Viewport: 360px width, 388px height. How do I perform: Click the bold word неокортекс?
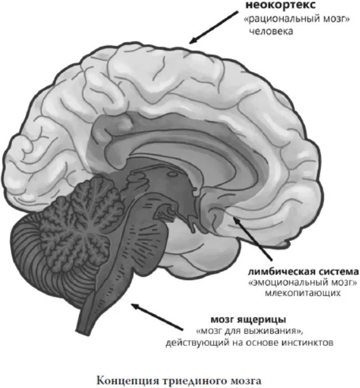pos(280,5)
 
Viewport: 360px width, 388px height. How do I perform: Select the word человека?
pos(271,32)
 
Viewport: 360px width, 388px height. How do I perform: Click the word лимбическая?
pos(281,272)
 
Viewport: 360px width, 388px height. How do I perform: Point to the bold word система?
pos(339,272)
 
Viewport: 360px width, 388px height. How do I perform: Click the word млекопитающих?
pos(303,293)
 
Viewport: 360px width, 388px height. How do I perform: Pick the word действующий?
pos(198,343)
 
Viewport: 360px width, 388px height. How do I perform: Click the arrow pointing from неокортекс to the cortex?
pos(213,27)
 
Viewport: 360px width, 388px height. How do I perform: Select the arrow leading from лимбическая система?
pos(253,238)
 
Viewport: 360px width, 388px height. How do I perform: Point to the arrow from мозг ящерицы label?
pos(157,317)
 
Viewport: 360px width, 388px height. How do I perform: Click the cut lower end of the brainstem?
pos(84,331)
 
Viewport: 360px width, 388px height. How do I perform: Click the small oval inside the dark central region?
pos(172,174)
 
